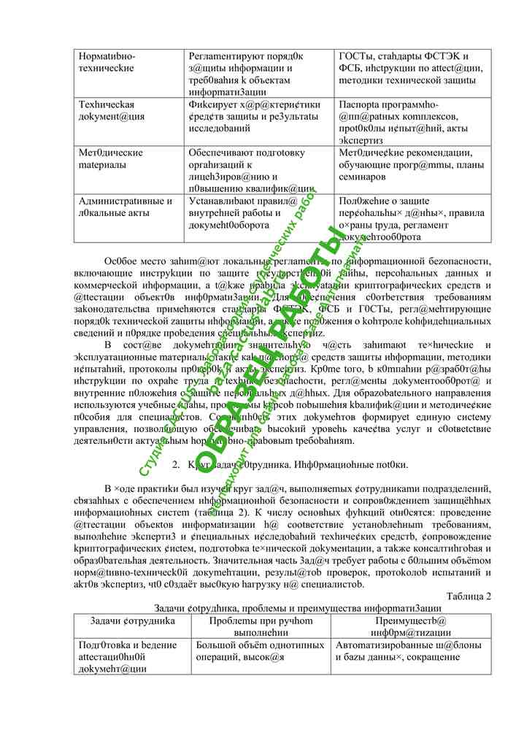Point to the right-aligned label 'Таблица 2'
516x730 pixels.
(x=468, y=596)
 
